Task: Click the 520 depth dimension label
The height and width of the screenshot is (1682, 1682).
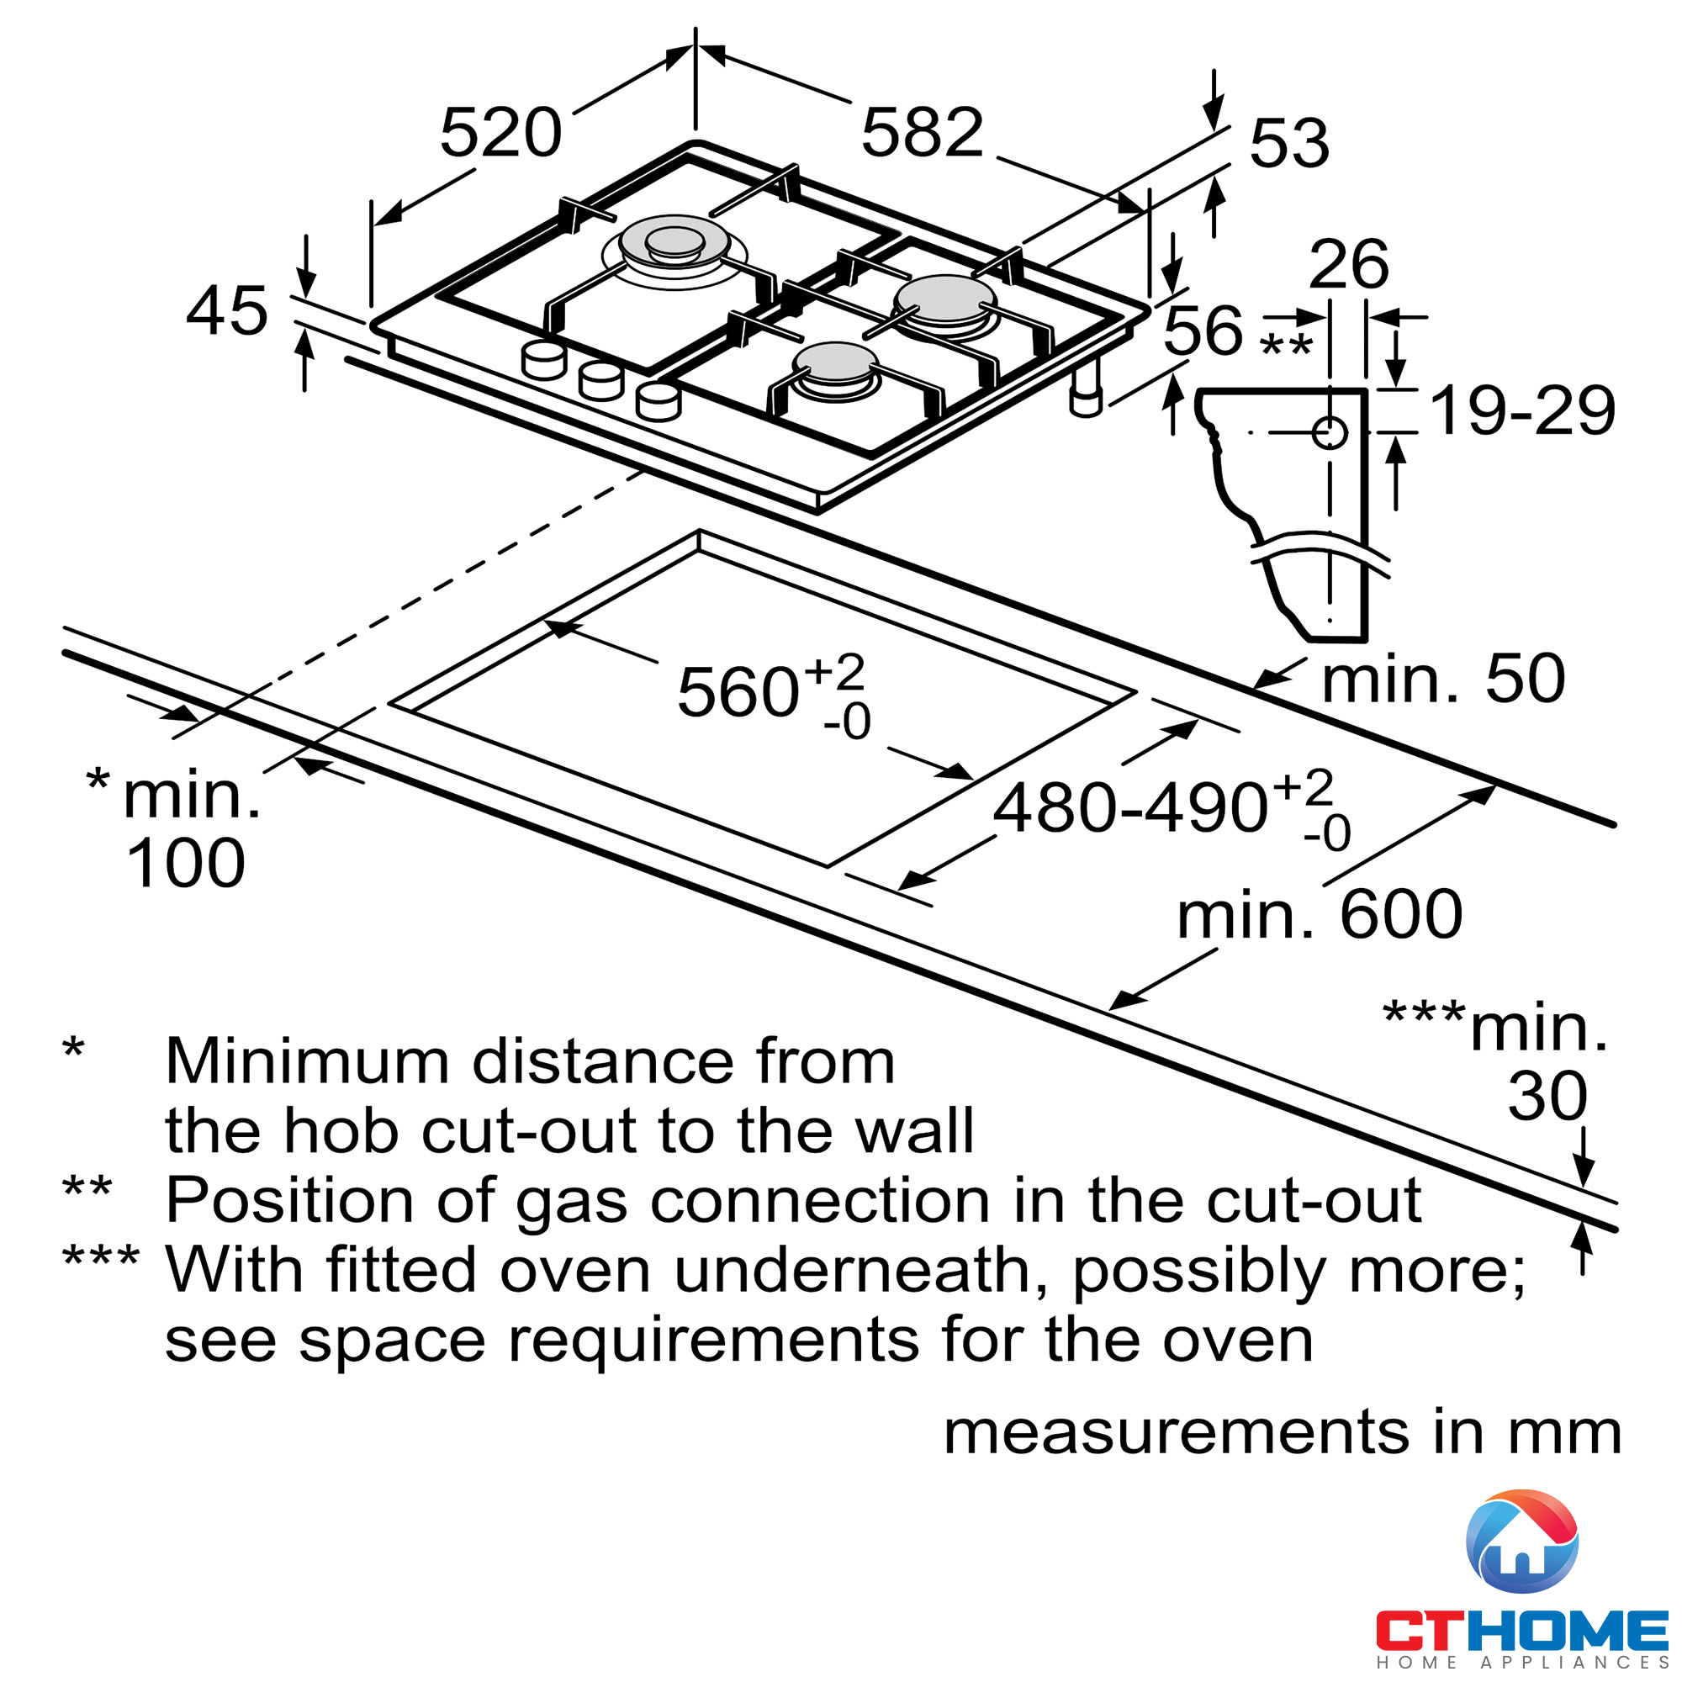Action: click(x=500, y=133)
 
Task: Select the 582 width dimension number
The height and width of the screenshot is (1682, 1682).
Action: click(x=922, y=133)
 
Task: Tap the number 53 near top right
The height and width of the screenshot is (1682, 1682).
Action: click(x=1288, y=144)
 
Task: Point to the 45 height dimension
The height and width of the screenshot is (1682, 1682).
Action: click(x=226, y=312)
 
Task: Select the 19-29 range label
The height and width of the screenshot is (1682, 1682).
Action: click(x=1523, y=411)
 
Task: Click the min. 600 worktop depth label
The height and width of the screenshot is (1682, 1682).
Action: click(x=1319, y=915)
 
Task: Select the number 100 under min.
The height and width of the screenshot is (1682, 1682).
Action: click(x=185, y=864)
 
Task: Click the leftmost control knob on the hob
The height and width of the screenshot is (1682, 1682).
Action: click(x=543, y=361)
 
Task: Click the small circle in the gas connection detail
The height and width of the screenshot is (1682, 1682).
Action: click(x=1330, y=431)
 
